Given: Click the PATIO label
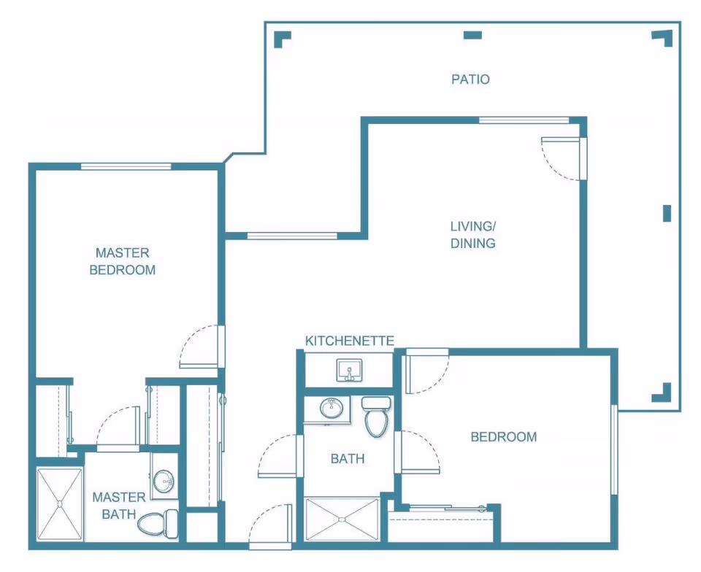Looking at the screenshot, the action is click(x=470, y=80).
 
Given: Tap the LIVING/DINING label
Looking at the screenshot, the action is click(x=472, y=235).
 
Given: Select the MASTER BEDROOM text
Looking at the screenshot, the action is click(x=122, y=262).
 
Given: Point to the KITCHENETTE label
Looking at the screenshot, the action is click(x=349, y=341).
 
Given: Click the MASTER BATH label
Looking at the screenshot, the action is click(x=118, y=506).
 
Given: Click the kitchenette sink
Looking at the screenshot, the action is click(x=349, y=370).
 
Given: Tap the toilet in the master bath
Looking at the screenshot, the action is click(x=158, y=524).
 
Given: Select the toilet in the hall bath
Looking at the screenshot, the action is click(x=377, y=416).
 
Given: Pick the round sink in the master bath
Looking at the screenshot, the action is click(x=163, y=480).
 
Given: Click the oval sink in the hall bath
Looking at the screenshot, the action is click(x=332, y=408).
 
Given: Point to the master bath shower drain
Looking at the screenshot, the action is click(x=59, y=504).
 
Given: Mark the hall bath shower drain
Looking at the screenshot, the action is click(x=342, y=519).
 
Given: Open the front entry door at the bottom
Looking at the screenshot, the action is click(x=270, y=527).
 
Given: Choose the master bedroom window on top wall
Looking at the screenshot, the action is click(x=126, y=166).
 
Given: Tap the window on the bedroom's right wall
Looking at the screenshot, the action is click(x=614, y=449).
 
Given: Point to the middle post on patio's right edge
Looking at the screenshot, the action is click(x=667, y=214).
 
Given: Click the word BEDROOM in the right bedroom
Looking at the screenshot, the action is click(x=504, y=437).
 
